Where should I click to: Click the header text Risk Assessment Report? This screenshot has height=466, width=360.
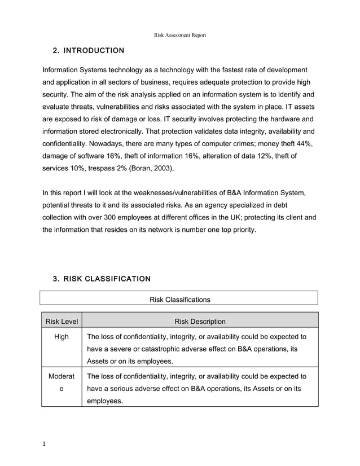tap(180, 36)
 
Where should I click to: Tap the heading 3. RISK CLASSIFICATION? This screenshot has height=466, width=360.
tap(101, 279)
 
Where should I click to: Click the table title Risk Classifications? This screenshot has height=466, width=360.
tap(179, 300)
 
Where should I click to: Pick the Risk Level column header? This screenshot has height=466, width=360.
tap(62, 322)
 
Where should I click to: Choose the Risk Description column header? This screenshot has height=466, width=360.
tap(200, 322)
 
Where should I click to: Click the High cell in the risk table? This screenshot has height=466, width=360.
tap(62, 337)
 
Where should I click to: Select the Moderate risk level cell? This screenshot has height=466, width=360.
tap(62, 382)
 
